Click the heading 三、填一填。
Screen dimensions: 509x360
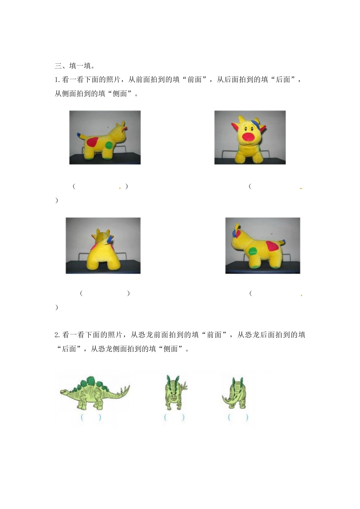75,66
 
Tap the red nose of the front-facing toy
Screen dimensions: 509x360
248,137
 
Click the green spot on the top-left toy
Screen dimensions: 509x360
109,145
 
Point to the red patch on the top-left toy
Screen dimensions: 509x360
92,142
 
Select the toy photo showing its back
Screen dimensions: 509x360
103,245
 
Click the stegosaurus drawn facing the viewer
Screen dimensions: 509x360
175,392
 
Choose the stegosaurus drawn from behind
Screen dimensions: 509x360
235,393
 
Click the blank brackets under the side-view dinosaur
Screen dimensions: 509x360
91,418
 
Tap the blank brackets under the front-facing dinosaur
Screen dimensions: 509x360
174,417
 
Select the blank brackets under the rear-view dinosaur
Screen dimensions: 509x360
238,417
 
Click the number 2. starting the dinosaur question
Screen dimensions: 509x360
57,335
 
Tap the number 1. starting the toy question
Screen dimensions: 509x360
57,80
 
